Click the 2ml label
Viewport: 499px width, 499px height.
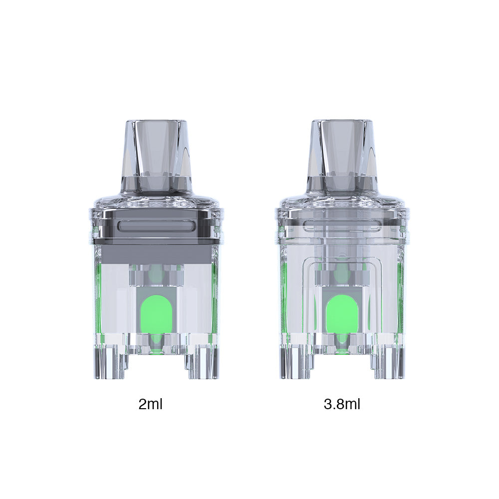pyautogui.click(x=150, y=404)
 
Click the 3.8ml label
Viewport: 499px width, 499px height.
pyautogui.click(x=342, y=404)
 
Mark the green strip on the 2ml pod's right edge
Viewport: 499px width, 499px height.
pyautogui.click(x=216, y=299)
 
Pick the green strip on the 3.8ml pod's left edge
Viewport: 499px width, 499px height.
pyautogui.click(x=283, y=299)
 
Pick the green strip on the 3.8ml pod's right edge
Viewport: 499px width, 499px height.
pyautogui.click(x=400, y=299)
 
